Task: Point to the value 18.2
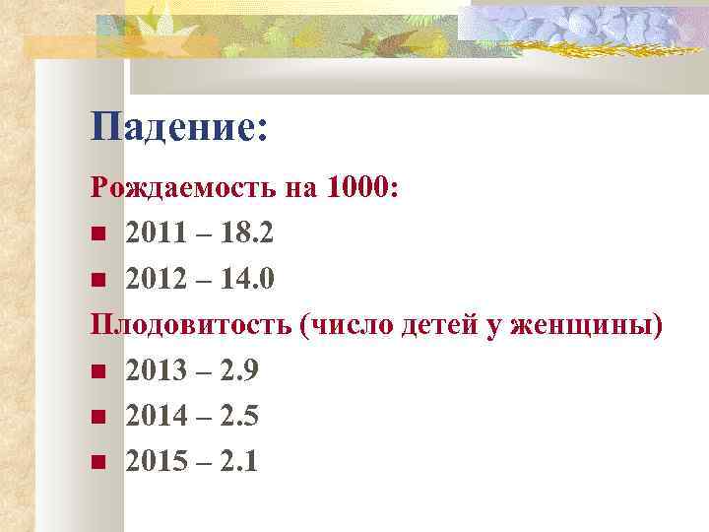tap(245, 234)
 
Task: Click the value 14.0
tap(245, 280)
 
